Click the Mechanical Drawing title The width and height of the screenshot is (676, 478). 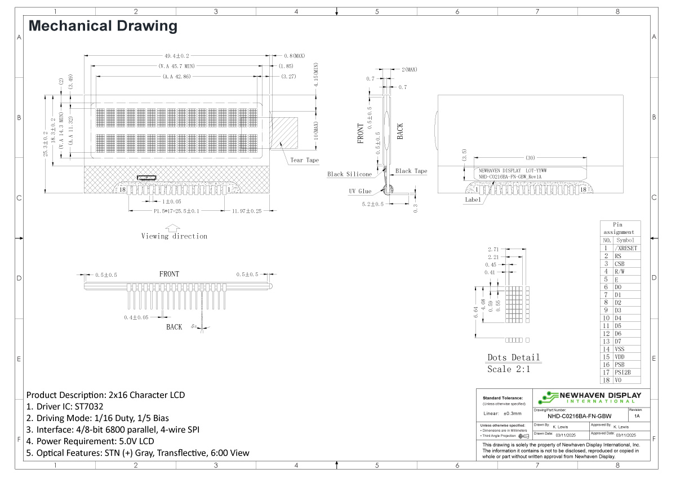103,26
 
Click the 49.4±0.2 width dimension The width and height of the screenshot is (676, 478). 176,56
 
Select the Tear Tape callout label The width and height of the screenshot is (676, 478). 304,160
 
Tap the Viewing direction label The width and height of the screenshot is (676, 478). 174,236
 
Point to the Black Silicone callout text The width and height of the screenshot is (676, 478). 349,174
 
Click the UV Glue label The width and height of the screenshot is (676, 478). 360,191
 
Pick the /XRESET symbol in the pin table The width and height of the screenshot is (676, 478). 626,248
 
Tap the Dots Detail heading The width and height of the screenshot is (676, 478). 513,357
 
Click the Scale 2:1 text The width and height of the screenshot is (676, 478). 509,369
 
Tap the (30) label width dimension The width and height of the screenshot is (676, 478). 530,158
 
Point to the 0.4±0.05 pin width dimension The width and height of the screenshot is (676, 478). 136,318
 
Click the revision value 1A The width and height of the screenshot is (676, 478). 637,415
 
